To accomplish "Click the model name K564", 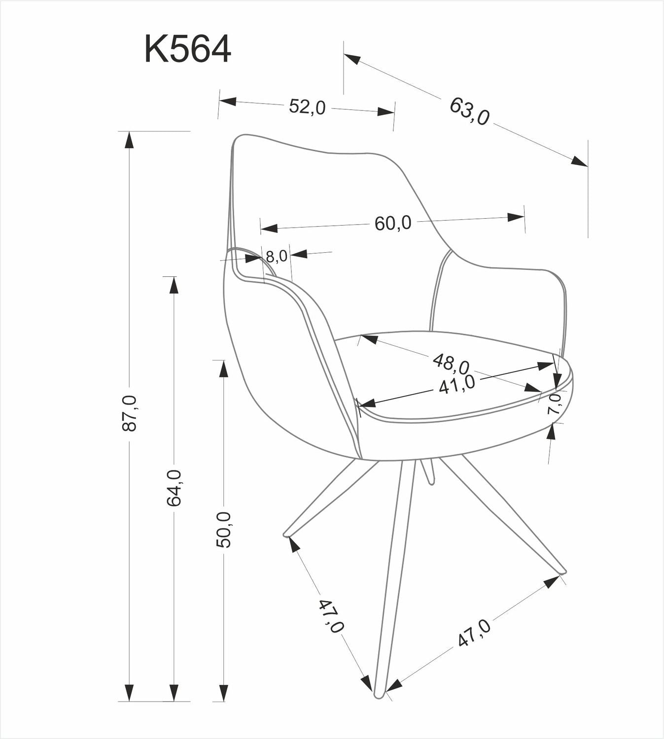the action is pyautogui.click(x=188, y=49).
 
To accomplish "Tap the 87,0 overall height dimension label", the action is pyautogui.click(x=130, y=413).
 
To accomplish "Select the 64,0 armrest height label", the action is pyautogui.click(x=174, y=488).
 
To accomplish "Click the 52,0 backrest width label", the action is pyautogui.click(x=307, y=107).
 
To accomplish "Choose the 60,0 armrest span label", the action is pyautogui.click(x=393, y=223).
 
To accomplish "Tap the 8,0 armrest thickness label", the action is pyautogui.click(x=277, y=257).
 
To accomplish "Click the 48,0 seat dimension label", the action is pyautogui.click(x=451, y=364).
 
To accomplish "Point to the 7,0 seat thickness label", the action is pyautogui.click(x=554, y=403).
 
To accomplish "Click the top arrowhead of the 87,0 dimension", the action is pyautogui.click(x=129, y=140).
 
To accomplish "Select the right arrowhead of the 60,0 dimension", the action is pyautogui.click(x=516, y=217).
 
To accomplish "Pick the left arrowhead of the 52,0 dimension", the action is pyautogui.click(x=227, y=101).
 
